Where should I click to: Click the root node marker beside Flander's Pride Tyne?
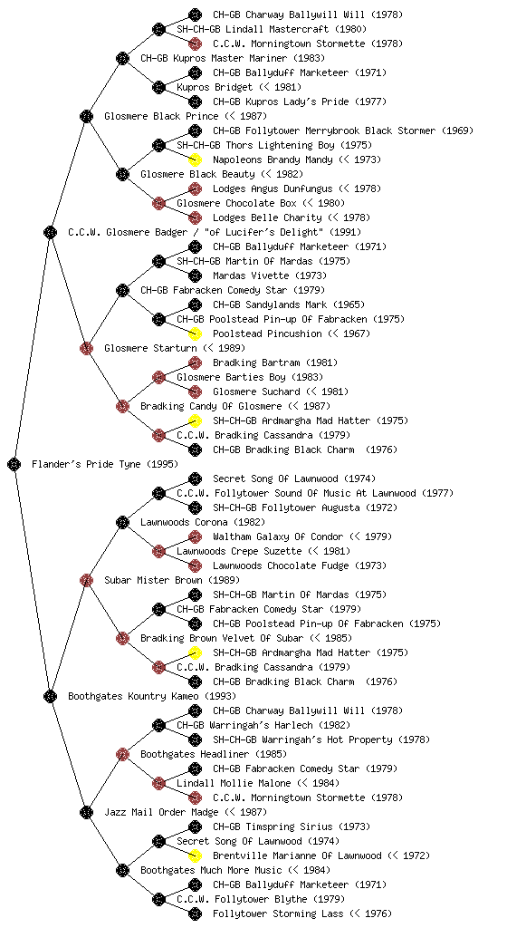[14, 464]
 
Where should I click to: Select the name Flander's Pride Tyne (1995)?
[105, 464]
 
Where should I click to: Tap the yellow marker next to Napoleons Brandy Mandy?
[195, 159]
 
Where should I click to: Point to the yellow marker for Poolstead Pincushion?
[195, 333]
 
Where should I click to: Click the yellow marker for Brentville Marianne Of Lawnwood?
[195, 855]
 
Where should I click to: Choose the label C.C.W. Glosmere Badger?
[129, 232]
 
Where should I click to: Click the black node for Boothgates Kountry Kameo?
[50, 696]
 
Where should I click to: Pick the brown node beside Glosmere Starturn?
[86, 348]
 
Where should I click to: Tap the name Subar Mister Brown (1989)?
[172, 580]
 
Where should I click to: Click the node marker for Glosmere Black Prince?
[86, 116]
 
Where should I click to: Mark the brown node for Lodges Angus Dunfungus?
[195, 188]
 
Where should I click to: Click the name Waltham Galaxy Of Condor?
[278, 536]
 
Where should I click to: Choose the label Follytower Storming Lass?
[278, 913]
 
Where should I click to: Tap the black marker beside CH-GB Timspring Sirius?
[195, 826]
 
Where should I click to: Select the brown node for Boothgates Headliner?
[122, 754]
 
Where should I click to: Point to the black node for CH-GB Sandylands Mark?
[195, 304]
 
